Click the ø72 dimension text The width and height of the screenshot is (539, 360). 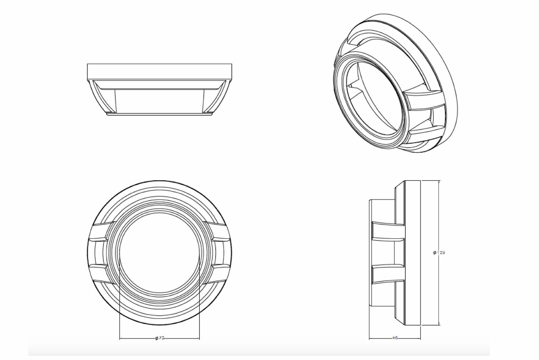[160, 338]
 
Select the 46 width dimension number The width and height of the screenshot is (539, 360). [395, 338]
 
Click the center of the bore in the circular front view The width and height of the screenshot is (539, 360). [160, 253]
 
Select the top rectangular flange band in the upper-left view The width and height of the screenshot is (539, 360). [160, 71]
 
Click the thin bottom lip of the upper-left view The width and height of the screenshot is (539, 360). [160, 114]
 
